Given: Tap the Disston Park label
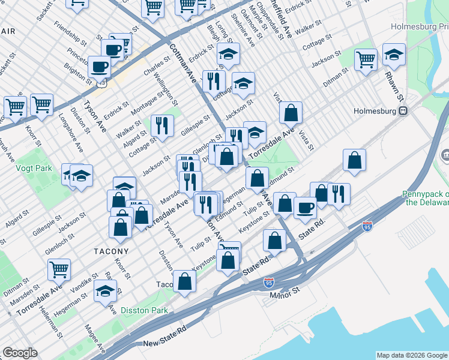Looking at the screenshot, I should pyautogui.click(x=144, y=310).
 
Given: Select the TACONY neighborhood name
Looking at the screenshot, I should pyautogui.click(x=110, y=251).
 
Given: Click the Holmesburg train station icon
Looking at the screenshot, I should pyautogui.click(x=404, y=110).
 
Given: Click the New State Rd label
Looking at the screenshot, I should pyautogui.click(x=165, y=343).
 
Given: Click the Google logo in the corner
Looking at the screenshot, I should pyautogui.click(x=20, y=353).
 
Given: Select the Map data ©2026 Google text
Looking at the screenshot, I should pyautogui.click(x=411, y=355).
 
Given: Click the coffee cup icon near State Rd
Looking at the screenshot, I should pyautogui.click(x=305, y=207).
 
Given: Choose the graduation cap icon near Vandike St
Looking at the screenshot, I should pyautogui.click(x=106, y=291).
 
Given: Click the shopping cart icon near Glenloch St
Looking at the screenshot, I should pyautogui.click(x=59, y=269).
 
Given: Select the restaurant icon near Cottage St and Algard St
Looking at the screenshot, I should pyautogui.click(x=162, y=125).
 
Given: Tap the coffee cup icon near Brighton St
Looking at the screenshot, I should pyautogui.click(x=99, y=66).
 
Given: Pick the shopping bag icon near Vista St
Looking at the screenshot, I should pyautogui.click(x=291, y=112).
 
